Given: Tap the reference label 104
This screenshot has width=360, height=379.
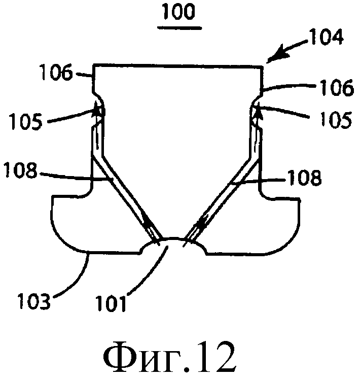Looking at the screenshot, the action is (327, 37).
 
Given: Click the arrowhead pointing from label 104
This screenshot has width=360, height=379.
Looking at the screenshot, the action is (281, 53).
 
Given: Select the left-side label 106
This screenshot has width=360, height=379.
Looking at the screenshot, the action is (57, 72).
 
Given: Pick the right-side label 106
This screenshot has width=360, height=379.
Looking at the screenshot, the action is (337, 87).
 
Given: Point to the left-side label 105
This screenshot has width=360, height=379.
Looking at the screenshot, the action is (26, 121).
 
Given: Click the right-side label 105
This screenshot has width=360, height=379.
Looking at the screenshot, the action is (336, 119).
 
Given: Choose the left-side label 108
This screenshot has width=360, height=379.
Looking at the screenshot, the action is (22, 170).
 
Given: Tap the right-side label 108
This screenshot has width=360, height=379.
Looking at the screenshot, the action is (304, 178).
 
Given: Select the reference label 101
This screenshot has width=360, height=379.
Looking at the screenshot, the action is (111, 303).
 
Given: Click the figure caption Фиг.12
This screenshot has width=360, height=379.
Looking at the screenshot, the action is (170, 357).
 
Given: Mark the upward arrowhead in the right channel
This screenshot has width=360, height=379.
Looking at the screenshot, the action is (257, 109).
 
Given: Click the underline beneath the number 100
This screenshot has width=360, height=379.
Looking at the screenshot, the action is (179, 28).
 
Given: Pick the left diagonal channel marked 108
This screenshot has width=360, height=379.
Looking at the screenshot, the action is (126, 197).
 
